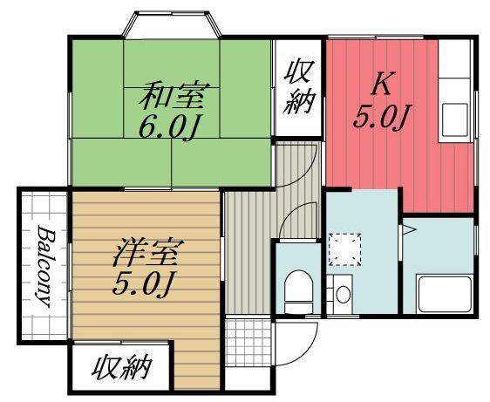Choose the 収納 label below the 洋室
(121, 367)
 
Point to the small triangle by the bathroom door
(407, 231)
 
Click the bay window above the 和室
(170, 24)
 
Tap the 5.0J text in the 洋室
(146, 283)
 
